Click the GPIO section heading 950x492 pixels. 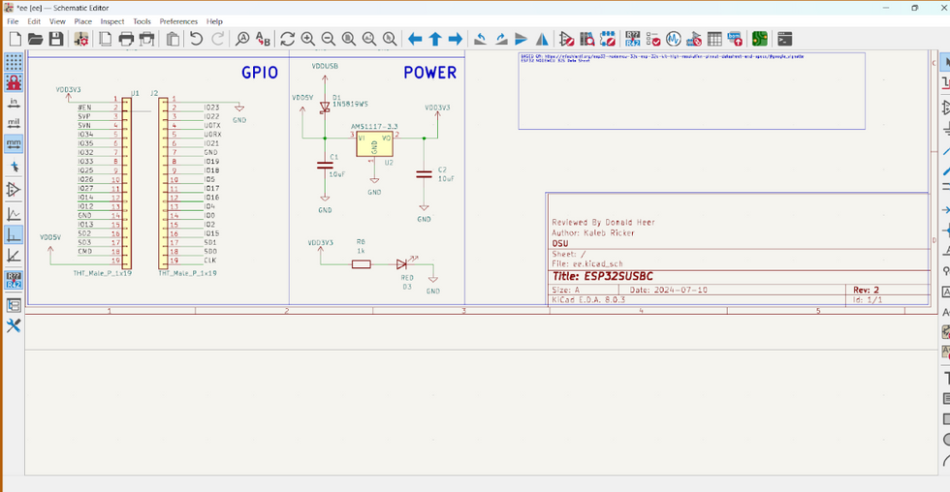point(260,73)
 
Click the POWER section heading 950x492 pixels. point(429,73)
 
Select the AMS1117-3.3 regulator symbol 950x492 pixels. point(374,143)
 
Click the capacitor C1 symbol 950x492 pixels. point(325,166)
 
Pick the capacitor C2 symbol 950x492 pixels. point(424,174)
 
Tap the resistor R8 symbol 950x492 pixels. point(361,263)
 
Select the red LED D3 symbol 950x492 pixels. point(403,263)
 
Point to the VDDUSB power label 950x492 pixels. point(325,66)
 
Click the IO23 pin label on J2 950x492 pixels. point(211,108)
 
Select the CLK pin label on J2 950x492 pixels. point(209,261)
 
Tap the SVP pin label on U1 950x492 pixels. point(84,116)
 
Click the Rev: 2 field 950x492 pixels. point(866,290)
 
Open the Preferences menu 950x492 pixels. point(178,21)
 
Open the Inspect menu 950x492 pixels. point(112,21)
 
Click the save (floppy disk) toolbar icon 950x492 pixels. point(56,39)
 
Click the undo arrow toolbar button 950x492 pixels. point(196,39)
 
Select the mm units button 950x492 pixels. point(14,144)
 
